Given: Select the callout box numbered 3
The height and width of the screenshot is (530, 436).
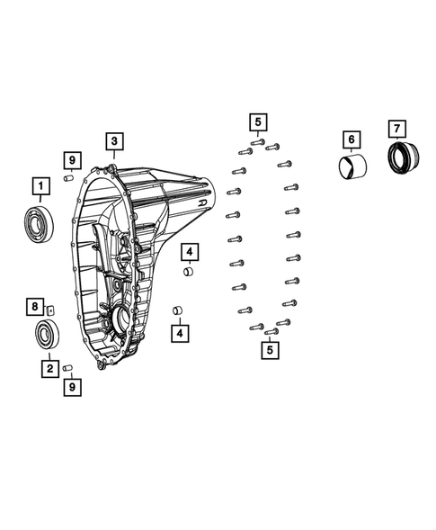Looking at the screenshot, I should [x=113, y=140].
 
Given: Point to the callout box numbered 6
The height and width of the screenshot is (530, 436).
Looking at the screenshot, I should [x=351, y=139].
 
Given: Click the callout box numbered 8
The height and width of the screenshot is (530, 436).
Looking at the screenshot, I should [x=34, y=308].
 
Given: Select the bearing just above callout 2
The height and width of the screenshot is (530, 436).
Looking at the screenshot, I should [x=47, y=337].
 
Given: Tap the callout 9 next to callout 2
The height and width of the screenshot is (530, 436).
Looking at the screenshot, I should [x=71, y=387].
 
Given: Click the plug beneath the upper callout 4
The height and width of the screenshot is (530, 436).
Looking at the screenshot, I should [x=187, y=272].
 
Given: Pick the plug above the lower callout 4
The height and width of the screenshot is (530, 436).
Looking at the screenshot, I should [x=178, y=311].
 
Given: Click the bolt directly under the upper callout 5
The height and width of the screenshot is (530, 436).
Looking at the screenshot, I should [x=256, y=141].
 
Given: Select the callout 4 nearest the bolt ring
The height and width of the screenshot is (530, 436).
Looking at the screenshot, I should [x=189, y=251].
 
